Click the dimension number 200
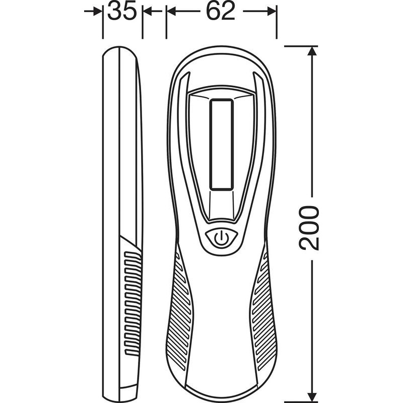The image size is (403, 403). tap(309, 228)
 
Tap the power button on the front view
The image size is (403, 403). tap(221, 238)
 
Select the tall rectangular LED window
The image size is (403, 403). tap(221, 145)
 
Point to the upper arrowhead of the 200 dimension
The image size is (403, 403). tap(312, 51)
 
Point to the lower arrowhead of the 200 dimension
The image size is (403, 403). tap(312, 397)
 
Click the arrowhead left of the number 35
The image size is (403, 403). tap(98, 11)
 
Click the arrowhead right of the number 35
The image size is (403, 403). tap(147, 11)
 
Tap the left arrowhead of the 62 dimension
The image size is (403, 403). tap(171, 11)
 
